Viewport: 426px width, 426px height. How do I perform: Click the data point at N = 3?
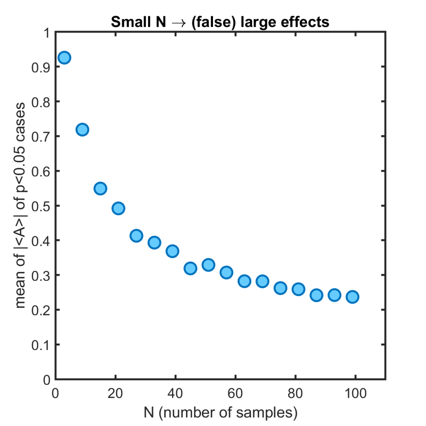pos(64,58)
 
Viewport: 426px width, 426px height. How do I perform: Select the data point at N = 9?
pos(82,130)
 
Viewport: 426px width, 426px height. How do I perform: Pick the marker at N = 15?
pos(100,188)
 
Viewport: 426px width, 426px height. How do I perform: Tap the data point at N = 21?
pos(118,208)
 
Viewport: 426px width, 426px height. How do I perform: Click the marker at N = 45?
pos(191,268)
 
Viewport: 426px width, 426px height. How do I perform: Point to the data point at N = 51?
pos(208,265)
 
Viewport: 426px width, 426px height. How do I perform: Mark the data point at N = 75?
pos(280,288)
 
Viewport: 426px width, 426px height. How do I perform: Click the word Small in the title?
pos(126,22)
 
